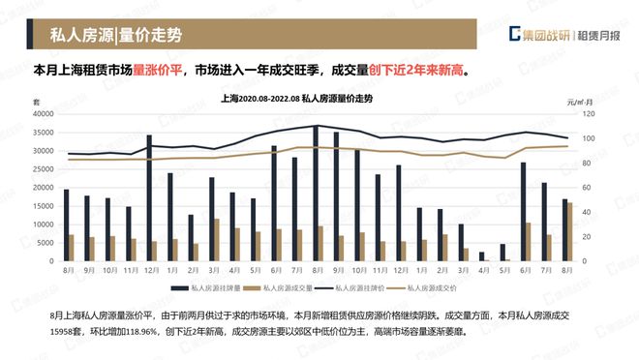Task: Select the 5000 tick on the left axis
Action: tap(46, 243)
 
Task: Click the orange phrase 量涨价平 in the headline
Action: tap(158, 71)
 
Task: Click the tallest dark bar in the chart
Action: tap(316, 194)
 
